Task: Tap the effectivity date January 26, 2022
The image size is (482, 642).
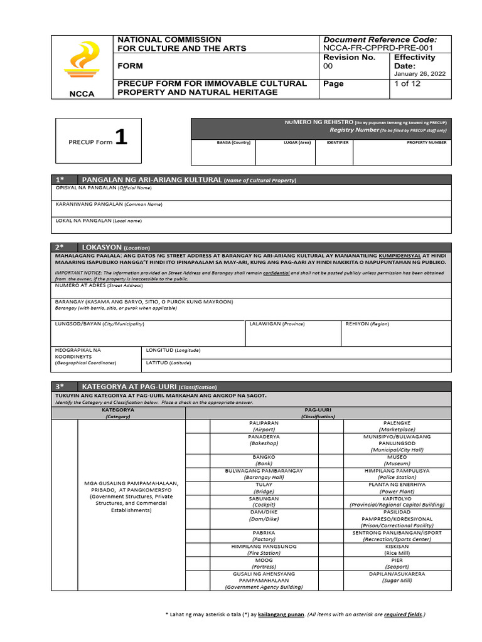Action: pos(419,74)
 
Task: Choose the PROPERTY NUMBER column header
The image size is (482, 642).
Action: pos(427,142)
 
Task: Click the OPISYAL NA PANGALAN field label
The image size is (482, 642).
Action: pos(104,188)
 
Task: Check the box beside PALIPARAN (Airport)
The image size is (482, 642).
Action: pos(198,426)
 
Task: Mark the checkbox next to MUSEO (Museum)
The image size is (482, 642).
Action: pos(336,461)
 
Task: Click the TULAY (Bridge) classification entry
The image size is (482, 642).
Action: pos(264,488)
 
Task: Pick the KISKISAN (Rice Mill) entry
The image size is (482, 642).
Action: pos(397,550)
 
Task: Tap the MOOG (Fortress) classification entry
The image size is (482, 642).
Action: pos(264,563)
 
